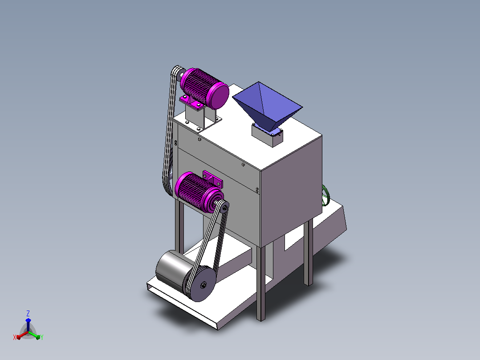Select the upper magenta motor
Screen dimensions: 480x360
coord(204,88)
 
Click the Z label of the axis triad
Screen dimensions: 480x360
coord(28,313)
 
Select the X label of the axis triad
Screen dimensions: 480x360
coord(15,337)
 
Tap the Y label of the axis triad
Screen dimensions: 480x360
coord(42,337)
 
